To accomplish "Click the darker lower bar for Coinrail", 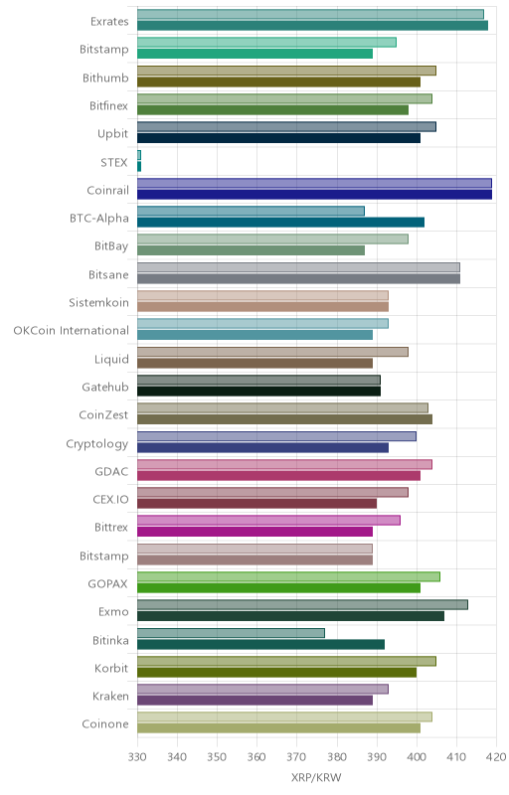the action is [314, 195].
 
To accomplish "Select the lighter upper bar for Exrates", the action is [310, 14].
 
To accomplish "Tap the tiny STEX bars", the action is [139, 161].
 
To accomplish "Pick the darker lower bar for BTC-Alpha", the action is [281, 223].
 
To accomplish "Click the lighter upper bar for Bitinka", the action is [231, 633].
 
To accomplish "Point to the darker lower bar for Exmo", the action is [290, 616].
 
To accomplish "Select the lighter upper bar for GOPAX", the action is [288, 577].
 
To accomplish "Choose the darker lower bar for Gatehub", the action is [258, 392].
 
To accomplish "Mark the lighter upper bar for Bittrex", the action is [268, 521].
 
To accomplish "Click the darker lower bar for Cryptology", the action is [262, 448].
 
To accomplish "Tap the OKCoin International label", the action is [71, 331].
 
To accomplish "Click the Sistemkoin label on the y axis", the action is [98, 303].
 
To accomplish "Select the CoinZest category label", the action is [103, 414].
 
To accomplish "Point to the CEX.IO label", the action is [110, 500].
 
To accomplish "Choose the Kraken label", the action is [110, 697].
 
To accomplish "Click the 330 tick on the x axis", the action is [137, 757].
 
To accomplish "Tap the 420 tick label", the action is [496, 757].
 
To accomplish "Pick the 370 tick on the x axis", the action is [296, 757].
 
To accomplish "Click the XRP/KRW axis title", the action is [316, 778].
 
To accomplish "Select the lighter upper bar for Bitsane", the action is [298, 267].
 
